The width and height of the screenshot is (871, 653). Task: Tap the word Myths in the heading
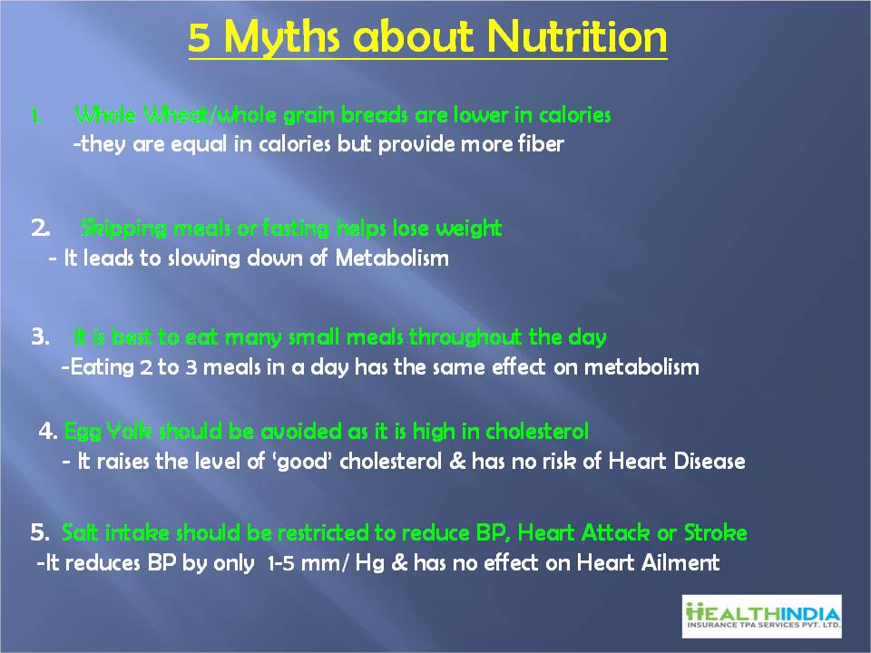pyautogui.click(x=281, y=38)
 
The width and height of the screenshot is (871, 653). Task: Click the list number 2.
pyautogui.click(x=41, y=228)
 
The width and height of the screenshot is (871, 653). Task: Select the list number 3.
pyautogui.click(x=41, y=336)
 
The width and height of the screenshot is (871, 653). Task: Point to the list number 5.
pyautogui.click(x=40, y=532)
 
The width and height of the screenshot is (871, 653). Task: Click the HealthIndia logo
pyautogui.click(x=762, y=617)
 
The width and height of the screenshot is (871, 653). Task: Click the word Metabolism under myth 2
pyautogui.click(x=392, y=258)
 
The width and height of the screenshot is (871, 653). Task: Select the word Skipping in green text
pyautogui.click(x=123, y=229)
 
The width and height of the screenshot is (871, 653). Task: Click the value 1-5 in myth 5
pyautogui.click(x=281, y=563)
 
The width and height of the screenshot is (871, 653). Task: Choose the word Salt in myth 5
pyautogui.click(x=80, y=532)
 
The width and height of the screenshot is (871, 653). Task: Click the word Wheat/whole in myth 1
pyautogui.click(x=210, y=115)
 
